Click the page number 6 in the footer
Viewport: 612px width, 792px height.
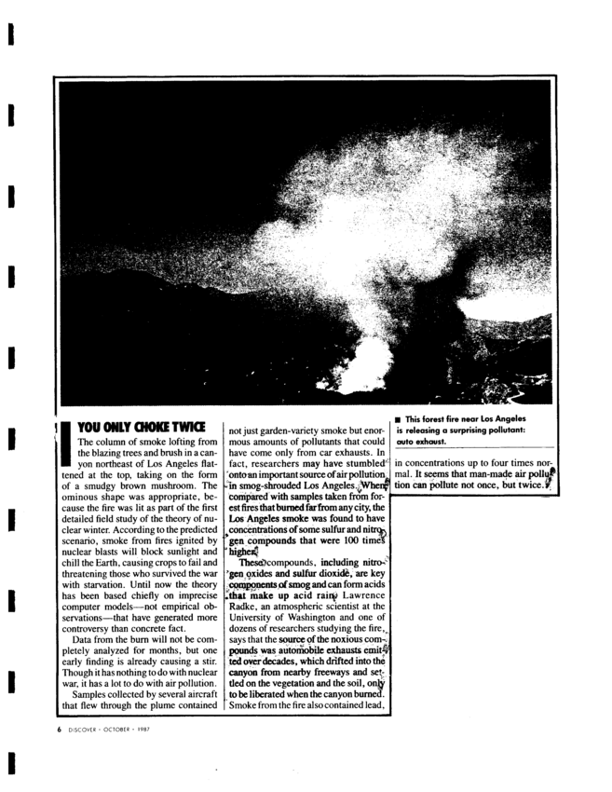61,727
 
